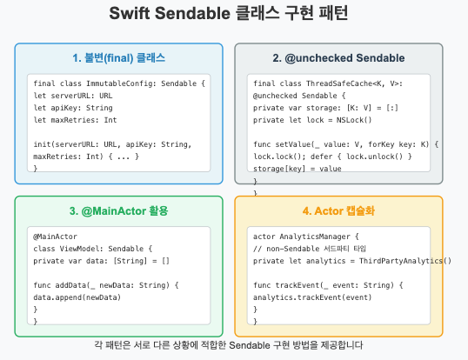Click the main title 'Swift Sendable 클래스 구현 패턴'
[234, 15]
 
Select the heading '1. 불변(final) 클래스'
[118, 58]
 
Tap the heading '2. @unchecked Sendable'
[338, 58]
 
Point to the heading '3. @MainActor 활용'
[118, 211]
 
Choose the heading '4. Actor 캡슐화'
[338, 211]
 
